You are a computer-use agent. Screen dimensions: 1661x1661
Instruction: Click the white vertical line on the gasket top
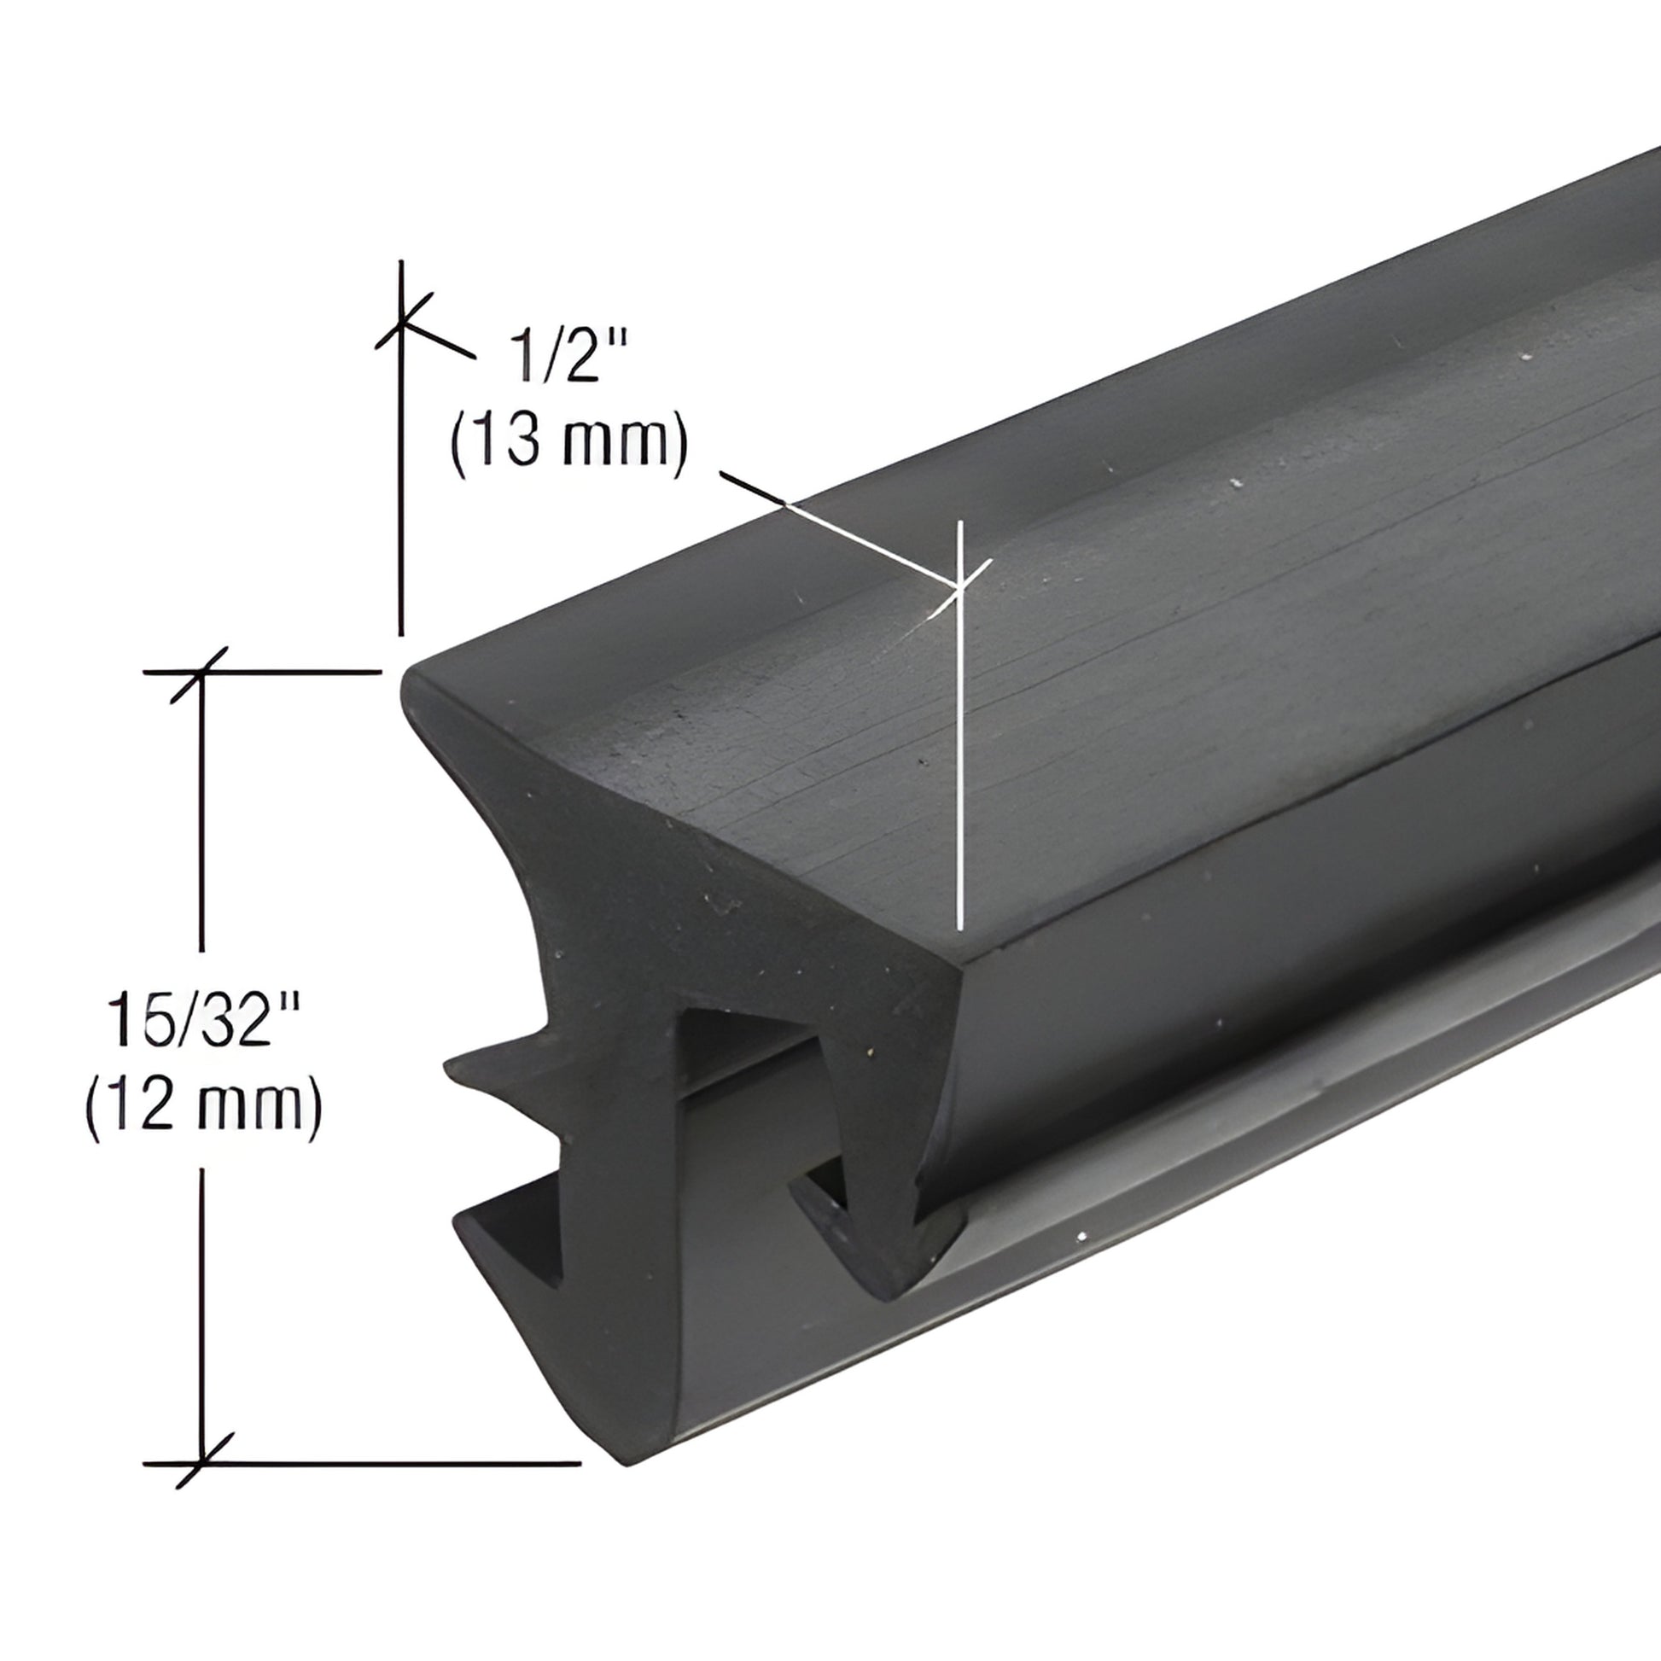point(960,774)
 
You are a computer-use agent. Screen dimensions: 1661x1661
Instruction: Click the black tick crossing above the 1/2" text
point(401,324)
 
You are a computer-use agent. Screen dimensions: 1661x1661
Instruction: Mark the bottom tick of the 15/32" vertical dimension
point(203,1462)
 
